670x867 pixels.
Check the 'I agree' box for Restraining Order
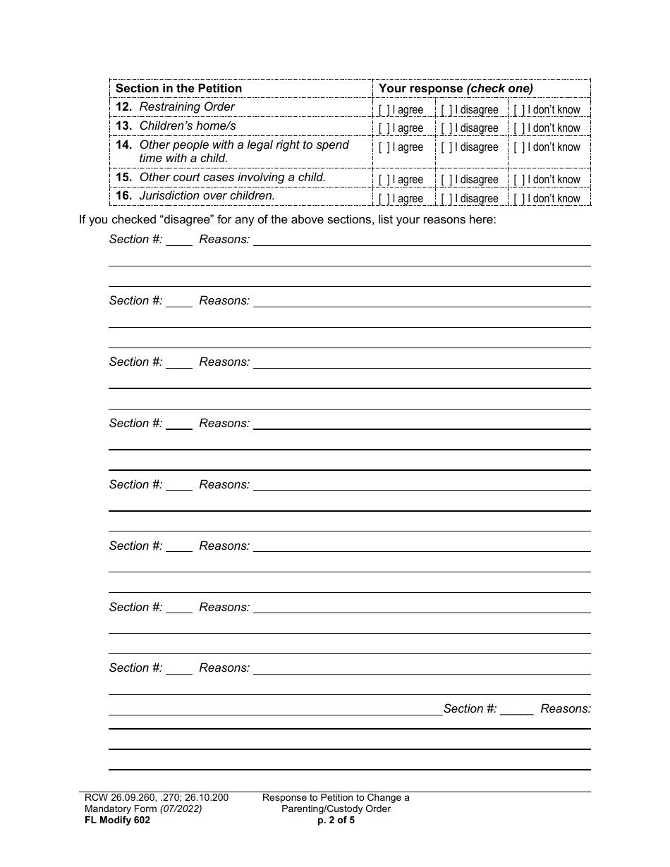coord(384,110)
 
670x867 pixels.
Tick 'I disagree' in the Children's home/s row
coord(446,128)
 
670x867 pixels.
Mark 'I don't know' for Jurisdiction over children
coord(518,199)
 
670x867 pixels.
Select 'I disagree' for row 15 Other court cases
coord(446,180)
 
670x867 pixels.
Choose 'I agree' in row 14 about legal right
coord(384,147)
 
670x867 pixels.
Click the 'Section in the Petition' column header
coord(178,89)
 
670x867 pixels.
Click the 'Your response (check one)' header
coord(456,89)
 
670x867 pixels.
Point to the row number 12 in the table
coord(123,107)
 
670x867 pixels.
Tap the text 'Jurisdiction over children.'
coord(207,196)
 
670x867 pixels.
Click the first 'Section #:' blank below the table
coord(179,240)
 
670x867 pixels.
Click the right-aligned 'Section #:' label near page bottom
coord(470,709)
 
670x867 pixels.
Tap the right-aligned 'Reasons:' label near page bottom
coord(566,709)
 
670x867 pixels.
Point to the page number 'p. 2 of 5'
coord(336,820)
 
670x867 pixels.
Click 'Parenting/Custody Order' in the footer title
coord(336,809)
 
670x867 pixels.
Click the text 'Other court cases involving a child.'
coord(232,177)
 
